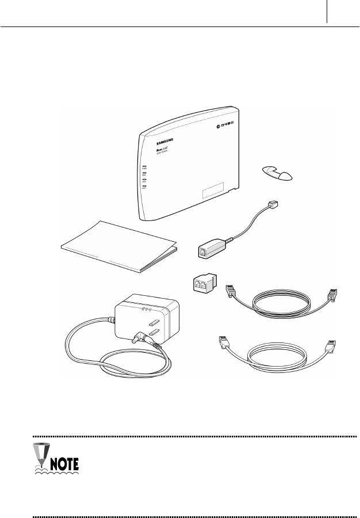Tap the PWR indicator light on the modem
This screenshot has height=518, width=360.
point(144,166)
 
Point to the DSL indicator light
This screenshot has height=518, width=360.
point(144,173)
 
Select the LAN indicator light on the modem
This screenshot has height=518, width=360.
point(144,180)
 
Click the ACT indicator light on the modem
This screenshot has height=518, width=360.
point(144,186)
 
